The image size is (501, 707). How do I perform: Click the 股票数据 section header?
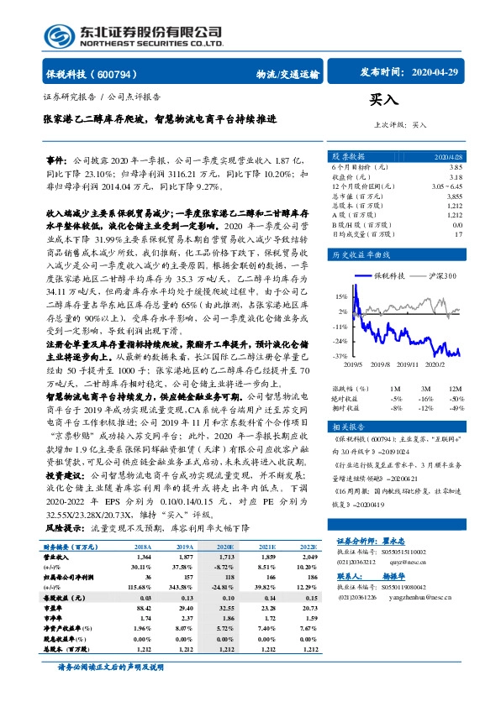[349, 157]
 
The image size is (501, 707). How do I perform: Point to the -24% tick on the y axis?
[340, 342]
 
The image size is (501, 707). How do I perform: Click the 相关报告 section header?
[349, 426]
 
